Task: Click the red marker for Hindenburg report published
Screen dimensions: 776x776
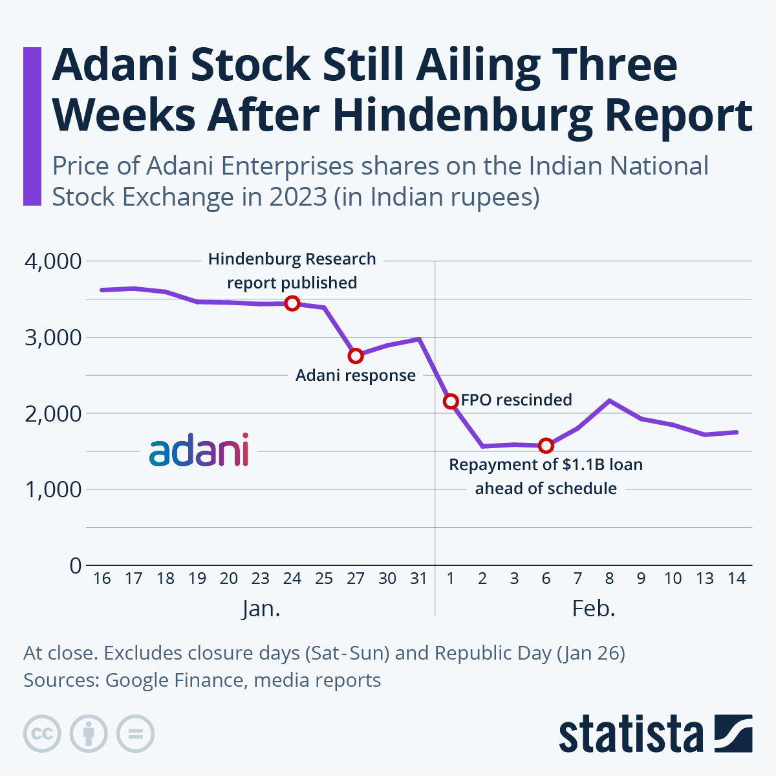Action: tap(292, 303)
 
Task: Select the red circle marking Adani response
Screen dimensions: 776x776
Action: tap(355, 356)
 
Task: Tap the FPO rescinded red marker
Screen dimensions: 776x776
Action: tap(451, 402)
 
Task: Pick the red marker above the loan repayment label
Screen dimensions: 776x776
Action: tap(546, 446)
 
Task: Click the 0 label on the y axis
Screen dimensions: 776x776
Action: tap(76, 566)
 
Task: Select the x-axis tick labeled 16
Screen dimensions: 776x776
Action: tap(102, 578)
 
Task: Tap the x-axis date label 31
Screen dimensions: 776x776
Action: tap(419, 578)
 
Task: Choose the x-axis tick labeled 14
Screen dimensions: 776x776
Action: tap(736, 578)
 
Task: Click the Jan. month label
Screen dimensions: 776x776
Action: tap(261, 609)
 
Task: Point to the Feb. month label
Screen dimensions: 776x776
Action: tap(593, 609)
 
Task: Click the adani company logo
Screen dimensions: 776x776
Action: tap(199, 451)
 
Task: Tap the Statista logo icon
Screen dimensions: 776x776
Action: tap(733, 733)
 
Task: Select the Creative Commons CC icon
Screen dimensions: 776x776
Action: tap(42, 734)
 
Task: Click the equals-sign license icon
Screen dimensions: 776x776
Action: tap(135, 734)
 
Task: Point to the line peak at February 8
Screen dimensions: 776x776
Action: tap(609, 400)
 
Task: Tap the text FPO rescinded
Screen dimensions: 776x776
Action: tap(516, 400)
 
